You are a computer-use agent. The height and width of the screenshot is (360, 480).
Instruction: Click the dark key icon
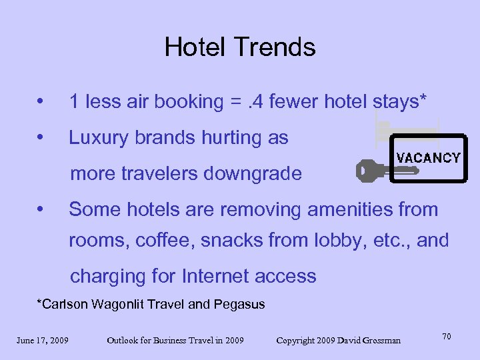point(376,171)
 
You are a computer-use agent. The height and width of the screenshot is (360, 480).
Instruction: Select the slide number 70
point(447,337)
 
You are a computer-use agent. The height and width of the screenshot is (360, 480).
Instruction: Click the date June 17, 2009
point(43,341)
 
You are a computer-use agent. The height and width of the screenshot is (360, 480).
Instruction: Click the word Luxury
point(100,139)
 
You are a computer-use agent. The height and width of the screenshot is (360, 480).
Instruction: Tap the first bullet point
point(41,103)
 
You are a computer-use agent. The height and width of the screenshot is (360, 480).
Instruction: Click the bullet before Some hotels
point(41,210)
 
